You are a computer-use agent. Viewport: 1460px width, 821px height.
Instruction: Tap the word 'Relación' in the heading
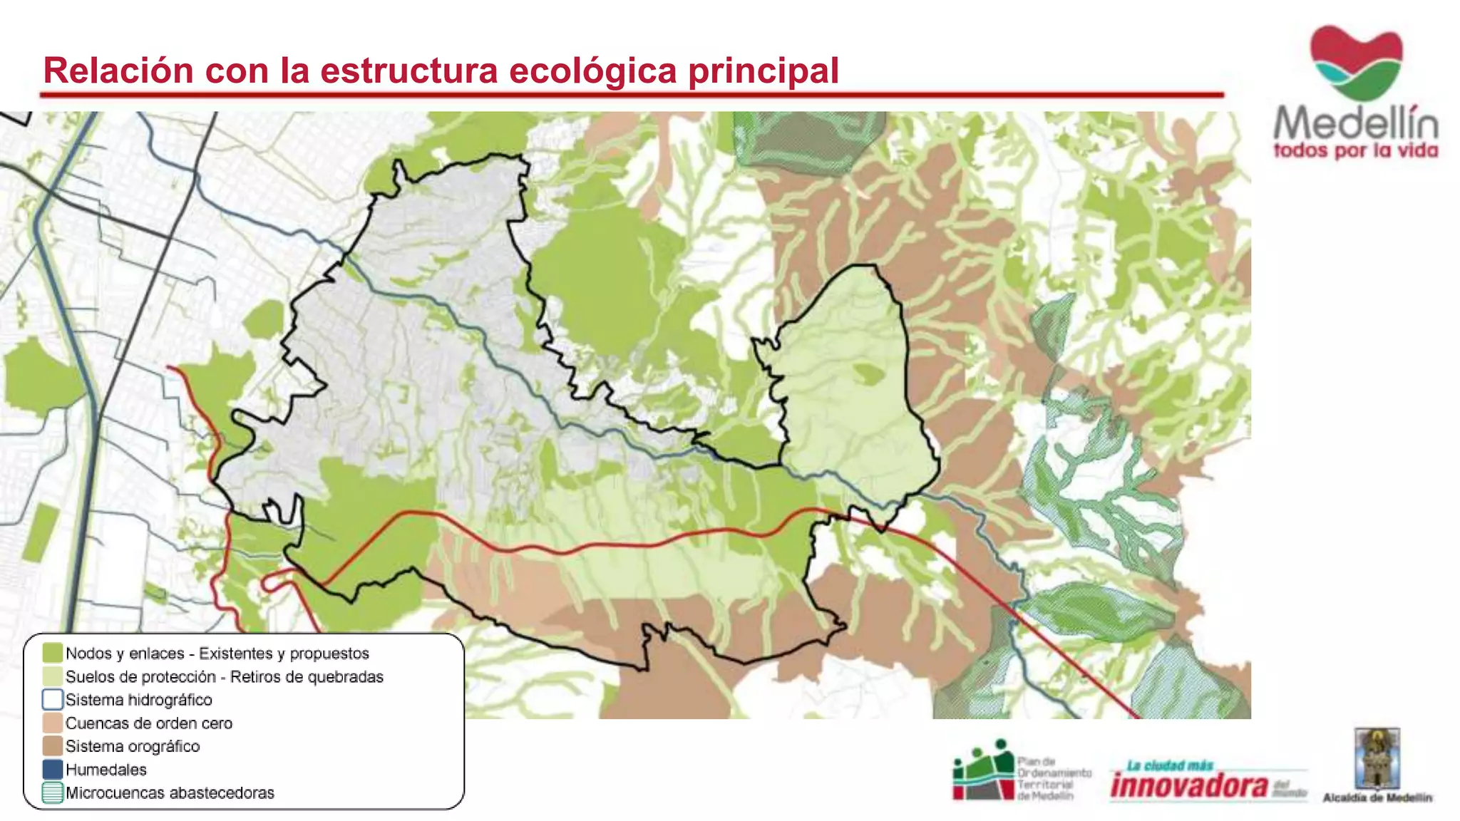tap(118, 71)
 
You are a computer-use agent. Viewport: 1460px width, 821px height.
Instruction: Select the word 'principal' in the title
tap(763, 72)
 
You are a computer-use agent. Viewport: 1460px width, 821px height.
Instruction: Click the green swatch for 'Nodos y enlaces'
tap(52, 653)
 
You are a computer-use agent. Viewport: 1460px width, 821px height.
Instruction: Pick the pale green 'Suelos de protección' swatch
tap(52, 676)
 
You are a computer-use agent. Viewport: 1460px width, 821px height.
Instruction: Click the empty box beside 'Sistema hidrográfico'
tap(52, 700)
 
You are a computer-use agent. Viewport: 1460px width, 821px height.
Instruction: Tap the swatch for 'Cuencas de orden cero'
tap(52, 723)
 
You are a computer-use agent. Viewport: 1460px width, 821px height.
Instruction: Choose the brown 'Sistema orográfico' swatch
tap(52, 746)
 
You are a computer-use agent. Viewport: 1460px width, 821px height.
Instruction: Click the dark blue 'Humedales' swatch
tap(52, 770)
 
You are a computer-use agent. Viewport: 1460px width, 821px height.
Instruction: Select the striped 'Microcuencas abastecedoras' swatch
tap(52, 792)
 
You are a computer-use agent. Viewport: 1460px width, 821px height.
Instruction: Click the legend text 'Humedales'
tap(106, 770)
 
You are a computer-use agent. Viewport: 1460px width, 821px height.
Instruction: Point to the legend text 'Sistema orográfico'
tap(133, 746)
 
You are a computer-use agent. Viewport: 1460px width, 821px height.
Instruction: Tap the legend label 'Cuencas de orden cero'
tap(149, 723)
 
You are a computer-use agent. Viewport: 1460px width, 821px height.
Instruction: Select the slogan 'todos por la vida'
tap(1355, 151)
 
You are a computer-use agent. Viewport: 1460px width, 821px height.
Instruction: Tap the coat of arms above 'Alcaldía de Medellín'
tap(1377, 758)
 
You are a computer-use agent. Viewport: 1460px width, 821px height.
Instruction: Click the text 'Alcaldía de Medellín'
tap(1377, 797)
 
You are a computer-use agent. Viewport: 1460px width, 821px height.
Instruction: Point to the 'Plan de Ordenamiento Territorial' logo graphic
tap(983, 770)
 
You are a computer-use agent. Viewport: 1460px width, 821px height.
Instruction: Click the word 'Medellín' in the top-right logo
tap(1355, 123)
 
